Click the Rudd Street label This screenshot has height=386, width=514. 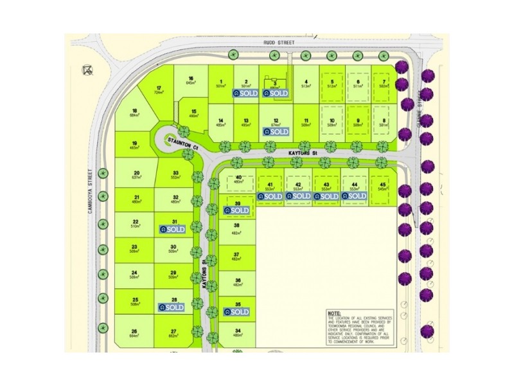[279, 42]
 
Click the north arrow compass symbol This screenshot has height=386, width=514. [87, 70]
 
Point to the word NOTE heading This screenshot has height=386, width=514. [335, 313]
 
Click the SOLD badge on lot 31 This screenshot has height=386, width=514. [173, 228]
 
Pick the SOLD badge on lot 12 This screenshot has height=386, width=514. [276, 131]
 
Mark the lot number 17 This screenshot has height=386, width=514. [159, 87]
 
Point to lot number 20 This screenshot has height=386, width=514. [136, 173]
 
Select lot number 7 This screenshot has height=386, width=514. [384, 82]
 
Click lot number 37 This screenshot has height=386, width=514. [237, 254]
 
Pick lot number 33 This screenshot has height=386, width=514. [175, 172]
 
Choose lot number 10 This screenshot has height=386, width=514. [332, 121]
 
